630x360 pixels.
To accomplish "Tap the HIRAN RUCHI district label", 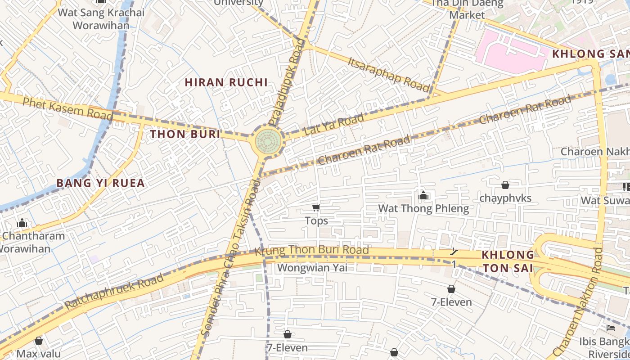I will (x=226, y=82).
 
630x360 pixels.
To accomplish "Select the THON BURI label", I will (x=185, y=134).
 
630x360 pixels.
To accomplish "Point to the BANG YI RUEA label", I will (x=100, y=183).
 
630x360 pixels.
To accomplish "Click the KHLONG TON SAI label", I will (x=508, y=261).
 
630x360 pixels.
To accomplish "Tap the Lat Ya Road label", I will (x=333, y=125).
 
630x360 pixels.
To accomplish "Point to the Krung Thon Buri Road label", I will (x=312, y=250).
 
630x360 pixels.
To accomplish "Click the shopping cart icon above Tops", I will (x=316, y=207).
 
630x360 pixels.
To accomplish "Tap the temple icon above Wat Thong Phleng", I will (x=423, y=195).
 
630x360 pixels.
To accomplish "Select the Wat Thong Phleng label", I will (x=423, y=208).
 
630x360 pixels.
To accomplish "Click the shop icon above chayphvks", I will (x=505, y=185).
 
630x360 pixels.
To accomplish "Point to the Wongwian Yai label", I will (x=312, y=268).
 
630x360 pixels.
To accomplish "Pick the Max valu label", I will (x=39, y=353).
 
